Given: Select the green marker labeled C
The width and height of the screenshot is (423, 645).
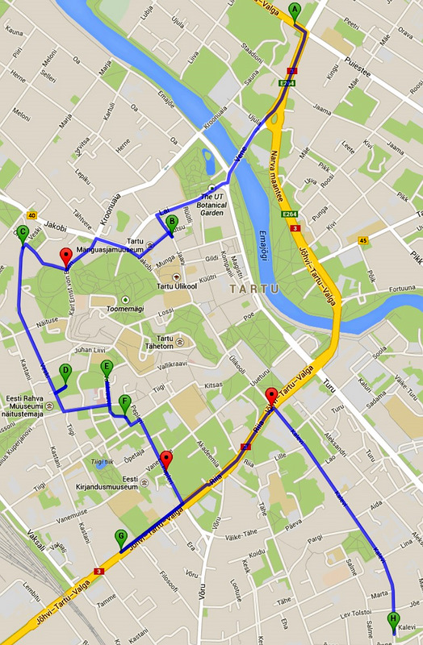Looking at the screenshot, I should point(23,234).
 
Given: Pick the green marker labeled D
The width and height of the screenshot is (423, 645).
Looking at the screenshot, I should point(66,372).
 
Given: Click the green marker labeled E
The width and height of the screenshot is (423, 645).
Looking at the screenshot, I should point(106,368).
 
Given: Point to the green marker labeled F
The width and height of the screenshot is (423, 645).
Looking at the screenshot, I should point(124,402).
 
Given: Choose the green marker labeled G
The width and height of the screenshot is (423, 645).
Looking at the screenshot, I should point(121,537).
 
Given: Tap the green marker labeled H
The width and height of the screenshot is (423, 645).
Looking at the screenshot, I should point(394,620).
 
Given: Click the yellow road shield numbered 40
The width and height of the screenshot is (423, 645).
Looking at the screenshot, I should point(32,215).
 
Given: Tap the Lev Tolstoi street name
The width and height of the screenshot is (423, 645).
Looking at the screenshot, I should point(353,615).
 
